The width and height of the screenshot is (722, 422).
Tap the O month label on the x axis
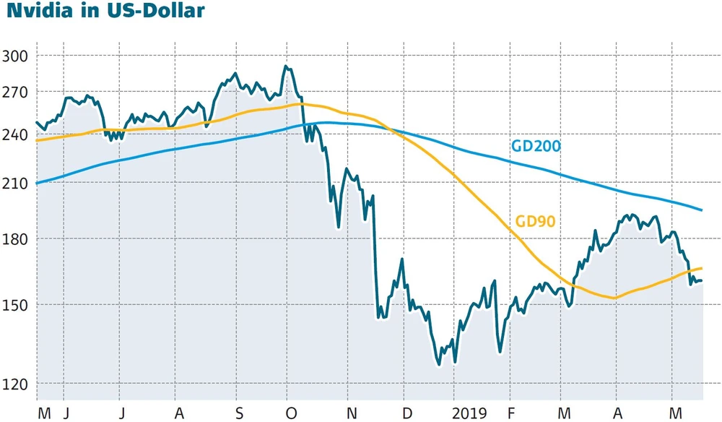click(292, 413)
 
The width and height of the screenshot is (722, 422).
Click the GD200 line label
click(536, 147)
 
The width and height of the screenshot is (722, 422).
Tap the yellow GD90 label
click(535, 221)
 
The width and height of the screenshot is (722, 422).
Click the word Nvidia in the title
click(43, 12)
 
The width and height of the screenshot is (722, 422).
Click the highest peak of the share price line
click(286, 66)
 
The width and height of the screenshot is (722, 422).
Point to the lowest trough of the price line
click(439, 364)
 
